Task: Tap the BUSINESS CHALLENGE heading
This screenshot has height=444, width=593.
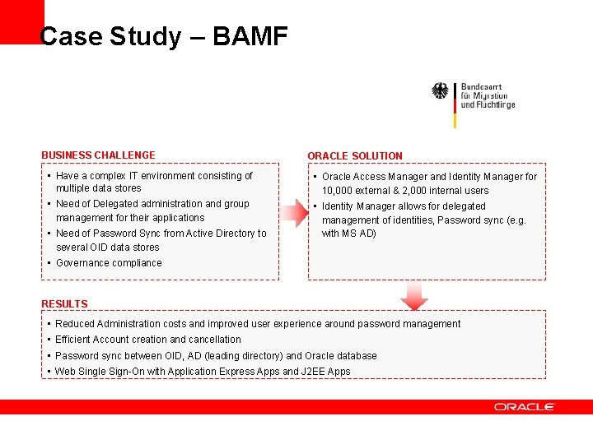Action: [x=98, y=155]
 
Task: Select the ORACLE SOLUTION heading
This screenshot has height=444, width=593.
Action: [x=354, y=155]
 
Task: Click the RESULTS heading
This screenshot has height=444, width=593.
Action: [x=64, y=304]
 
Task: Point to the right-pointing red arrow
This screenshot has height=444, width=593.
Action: [x=293, y=213]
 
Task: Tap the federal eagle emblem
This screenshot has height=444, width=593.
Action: [x=441, y=91]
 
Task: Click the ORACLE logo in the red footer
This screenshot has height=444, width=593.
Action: [x=525, y=407]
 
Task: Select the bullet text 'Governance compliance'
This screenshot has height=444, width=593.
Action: [x=109, y=263]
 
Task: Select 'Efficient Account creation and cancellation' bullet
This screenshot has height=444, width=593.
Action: [x=148, y=340]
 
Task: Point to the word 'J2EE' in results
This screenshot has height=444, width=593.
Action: [x=317, y=372]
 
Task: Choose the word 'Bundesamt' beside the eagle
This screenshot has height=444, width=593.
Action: [x=481, y=86]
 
